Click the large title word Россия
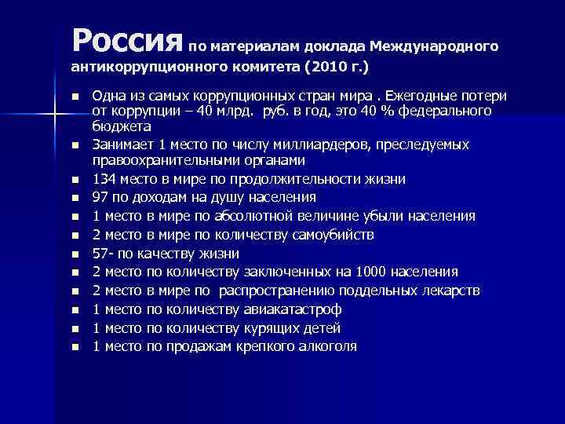pos(126,36)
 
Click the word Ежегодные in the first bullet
pos(412,96)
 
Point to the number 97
pos(100,197)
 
